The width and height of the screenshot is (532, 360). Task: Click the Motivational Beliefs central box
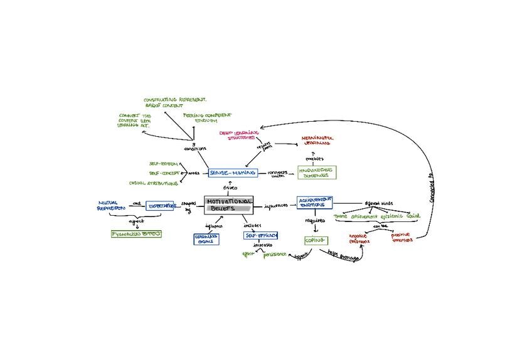coord(229,204)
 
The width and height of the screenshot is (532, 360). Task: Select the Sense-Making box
coord(233,172)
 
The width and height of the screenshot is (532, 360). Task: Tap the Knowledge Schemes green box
coord(317,173)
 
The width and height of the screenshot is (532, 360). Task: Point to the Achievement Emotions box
coord(315,203)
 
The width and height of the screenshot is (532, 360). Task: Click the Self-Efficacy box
coord(261,236)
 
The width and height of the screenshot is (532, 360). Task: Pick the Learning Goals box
coord(206,238)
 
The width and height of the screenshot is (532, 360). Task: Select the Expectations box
coord(160,205)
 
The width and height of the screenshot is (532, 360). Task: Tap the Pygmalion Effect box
coord(136,233)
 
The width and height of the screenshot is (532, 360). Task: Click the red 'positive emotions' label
coord(402,238)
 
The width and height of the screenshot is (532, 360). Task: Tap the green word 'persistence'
coord(275,254)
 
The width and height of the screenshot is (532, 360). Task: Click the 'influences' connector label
coord(276,205)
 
